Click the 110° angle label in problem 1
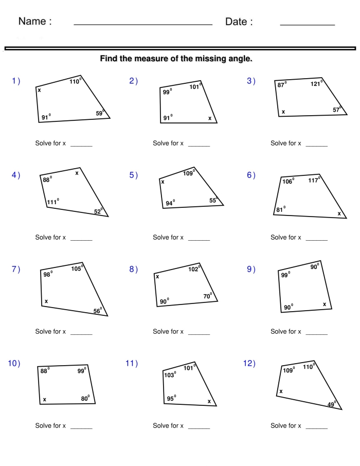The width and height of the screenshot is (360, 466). pyautogui.click(x=75, y=81)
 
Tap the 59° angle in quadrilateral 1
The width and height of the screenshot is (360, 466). pyautogui.click(x=100, y=113)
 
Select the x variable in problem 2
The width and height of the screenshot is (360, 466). pyautogui.click(x=210, y=118)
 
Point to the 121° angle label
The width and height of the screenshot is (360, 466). pyautogui.click(x=316, y=84)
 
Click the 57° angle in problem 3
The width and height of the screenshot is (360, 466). pyautogui.click(x=337, y=110)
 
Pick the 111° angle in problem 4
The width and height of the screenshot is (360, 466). pyautogui.click(x=52, y=202)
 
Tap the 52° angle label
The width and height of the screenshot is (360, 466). pyautogui.click(x=98, y=211)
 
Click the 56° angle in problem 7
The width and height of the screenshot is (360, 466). pyautogui.click(x=97, y=311)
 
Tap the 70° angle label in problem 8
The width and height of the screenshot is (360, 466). pyautogui.click(x=208, y=296)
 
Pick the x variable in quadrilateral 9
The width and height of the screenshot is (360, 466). pyautogui.click(x=325, y=304)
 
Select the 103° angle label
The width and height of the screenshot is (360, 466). pyautogui.click(x=170, y=375)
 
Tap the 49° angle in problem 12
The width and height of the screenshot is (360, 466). pyautogui.click(x=332, y=404)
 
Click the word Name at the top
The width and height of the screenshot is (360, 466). pyautogui.click(x=35, y=22)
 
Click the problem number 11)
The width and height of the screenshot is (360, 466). pyautogui.click(x=132, y=364)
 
